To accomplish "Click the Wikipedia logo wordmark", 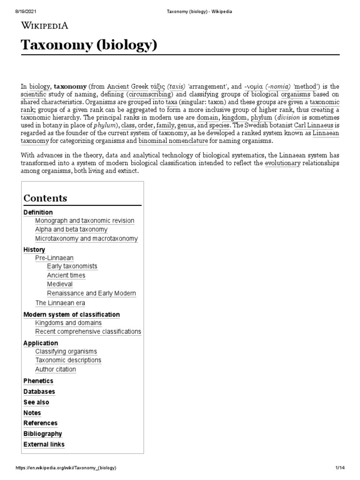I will (45, 25).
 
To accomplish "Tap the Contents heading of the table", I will (45, 198).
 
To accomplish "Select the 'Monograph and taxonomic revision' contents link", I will (84, 221).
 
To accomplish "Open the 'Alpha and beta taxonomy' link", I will (71, 230).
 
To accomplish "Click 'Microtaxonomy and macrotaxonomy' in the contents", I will (86, 239).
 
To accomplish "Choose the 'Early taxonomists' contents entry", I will (72, 266).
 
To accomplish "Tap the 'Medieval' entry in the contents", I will (60, 284).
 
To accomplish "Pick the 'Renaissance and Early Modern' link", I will (91, 293).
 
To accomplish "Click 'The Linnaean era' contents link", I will (60, 303).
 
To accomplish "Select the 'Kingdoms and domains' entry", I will (68, 323).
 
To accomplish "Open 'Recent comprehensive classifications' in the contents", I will (88, 332).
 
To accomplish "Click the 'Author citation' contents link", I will (55, 369).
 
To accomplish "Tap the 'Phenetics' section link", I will (38, 381).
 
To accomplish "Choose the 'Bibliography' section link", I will (43, 434).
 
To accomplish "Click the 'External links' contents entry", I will (44, 444).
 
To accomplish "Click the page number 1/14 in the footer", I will (340, 468).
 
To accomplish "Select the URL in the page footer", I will (66, 468).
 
